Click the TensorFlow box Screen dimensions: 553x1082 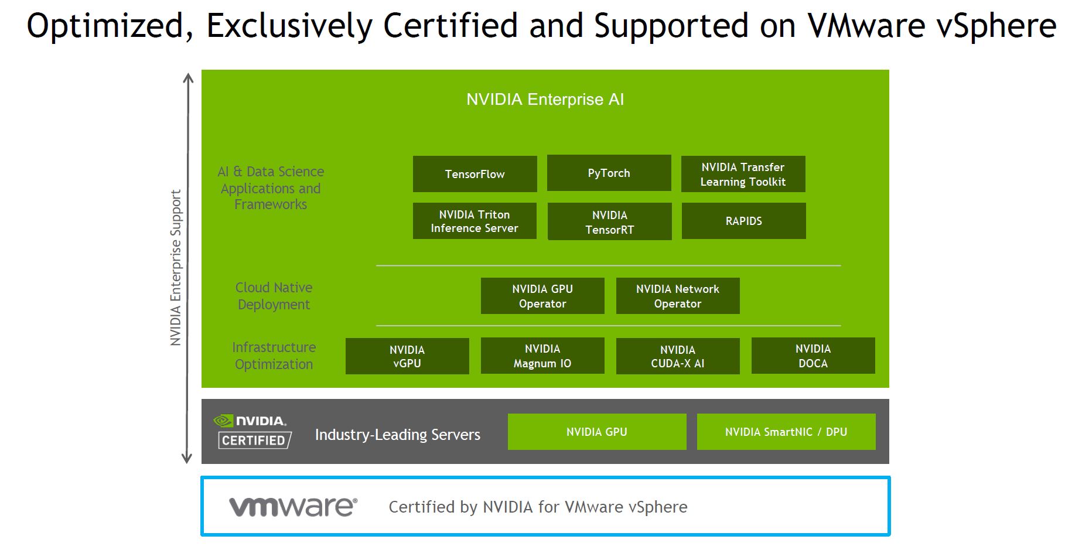coord(475,174)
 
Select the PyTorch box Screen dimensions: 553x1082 coord(609,173)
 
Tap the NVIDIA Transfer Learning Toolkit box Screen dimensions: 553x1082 coord(743,174)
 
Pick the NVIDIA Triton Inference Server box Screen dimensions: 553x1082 coord(475,221)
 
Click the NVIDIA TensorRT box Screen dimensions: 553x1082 coord(609,221)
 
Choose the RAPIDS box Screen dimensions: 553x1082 coord(743,221)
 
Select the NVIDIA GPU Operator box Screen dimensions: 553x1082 coord(542,296)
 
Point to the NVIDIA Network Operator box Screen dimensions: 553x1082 coord(678,296)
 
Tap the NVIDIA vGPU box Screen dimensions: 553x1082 coord(407,356)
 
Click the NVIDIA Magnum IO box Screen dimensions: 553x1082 coord(542,356)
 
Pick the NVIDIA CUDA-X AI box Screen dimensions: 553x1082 coord(678,356)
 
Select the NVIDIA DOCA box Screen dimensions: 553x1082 coord(813,356)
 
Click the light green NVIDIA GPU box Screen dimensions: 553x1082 coord(597,432)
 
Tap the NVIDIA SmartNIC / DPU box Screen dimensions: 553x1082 coord(786,432)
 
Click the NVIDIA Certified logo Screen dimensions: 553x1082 coord(252,431)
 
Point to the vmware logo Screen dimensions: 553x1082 coord(293,507)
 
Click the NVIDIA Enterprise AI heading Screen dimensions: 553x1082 coord(545,100)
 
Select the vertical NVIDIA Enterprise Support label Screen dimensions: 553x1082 coord(176,268)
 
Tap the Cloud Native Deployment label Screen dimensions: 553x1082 coord(274,296)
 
